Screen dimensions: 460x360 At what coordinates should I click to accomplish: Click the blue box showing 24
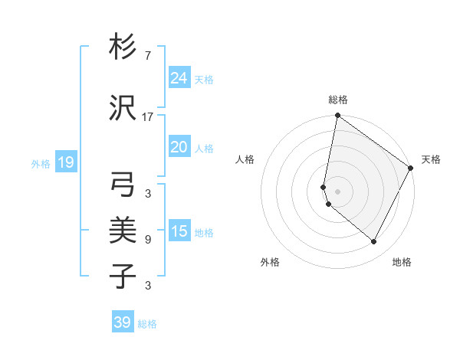[179, 78]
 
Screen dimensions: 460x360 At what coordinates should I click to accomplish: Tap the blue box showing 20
[179, 147]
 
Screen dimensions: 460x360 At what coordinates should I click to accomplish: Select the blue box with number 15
[179, 231]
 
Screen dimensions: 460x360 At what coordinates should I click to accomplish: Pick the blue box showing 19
[65, 162]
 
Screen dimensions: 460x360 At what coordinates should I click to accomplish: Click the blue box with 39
[123, 322]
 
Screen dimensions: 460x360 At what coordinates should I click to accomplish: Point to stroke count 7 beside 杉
[147, 56]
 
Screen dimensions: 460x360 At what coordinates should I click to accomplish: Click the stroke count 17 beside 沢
[147, 117]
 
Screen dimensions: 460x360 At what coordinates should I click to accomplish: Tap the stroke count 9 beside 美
[147, 240]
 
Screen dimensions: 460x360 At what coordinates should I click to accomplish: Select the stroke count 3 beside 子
[147, 286]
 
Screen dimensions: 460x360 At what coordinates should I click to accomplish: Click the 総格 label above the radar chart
[338, 100]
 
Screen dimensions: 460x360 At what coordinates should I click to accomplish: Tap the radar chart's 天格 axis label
[431, 159]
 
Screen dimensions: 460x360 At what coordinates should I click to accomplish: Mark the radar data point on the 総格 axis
[337, 116]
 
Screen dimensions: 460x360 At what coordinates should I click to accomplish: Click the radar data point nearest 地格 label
[374, 242]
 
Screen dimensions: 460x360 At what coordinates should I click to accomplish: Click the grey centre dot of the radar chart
[337, 191]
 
